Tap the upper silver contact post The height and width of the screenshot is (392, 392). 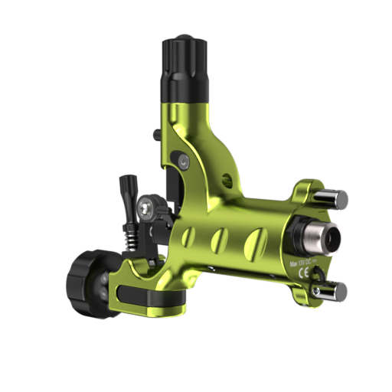coord(334,198)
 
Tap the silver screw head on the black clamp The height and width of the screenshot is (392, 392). coord(145,206)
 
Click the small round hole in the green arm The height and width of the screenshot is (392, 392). coord(227,181)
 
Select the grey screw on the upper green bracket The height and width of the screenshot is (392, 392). coord(184,161)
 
